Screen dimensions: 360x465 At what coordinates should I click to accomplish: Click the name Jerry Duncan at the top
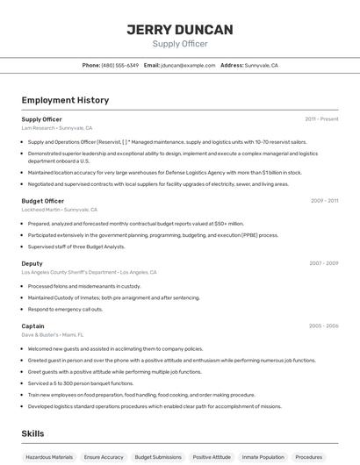pos(180,30)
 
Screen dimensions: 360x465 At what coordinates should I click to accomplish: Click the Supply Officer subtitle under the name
pos(180,44)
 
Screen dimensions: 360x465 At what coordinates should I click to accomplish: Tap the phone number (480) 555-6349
pos(120,65)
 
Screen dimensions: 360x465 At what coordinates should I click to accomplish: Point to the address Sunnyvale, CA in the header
pos(262,65)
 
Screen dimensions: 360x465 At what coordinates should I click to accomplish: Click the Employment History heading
pos(65,100)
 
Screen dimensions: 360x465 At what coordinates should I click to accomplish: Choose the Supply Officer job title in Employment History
pos(41,118)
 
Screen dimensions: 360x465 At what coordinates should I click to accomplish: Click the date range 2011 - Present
pos(321,118)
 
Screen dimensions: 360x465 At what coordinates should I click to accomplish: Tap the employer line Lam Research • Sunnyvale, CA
pos(56,128)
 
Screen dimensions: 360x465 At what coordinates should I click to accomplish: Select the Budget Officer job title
pos(42,201)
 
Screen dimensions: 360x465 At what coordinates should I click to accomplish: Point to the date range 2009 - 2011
pos(324,201)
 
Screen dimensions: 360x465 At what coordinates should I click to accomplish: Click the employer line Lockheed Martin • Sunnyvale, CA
pos(59,210)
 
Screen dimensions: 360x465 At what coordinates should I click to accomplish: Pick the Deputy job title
pos(32,263)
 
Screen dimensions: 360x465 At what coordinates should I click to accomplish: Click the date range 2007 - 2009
pos(323,263)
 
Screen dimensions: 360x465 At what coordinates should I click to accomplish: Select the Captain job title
pos(32,325)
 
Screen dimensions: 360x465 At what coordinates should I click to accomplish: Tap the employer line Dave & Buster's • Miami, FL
pos(52,335)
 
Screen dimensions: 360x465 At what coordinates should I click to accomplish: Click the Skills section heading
pos(32,434)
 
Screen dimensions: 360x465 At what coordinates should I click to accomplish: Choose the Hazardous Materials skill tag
pos(49,457)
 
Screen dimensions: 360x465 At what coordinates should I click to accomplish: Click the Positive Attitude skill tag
pos(212,457)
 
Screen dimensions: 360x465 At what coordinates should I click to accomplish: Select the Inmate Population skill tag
pos(263,457)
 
